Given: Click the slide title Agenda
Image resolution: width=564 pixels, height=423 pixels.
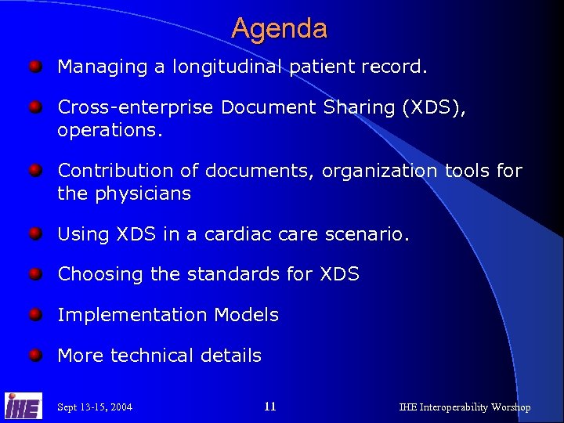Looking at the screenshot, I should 280,29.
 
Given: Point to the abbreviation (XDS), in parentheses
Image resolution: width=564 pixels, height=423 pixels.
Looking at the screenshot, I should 434,108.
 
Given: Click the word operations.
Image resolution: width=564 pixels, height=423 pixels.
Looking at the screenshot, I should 110,130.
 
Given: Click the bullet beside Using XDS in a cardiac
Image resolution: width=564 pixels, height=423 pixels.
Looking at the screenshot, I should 35,233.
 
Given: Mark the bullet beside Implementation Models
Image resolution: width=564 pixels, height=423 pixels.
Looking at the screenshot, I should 35,315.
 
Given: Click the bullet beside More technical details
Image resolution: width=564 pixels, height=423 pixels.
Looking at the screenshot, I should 35,356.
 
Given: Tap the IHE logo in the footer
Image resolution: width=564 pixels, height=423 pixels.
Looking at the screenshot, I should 23,405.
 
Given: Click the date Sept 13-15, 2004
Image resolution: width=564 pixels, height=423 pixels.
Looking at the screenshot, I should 95,407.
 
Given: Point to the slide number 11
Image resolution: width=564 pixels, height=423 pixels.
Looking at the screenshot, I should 270,407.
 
